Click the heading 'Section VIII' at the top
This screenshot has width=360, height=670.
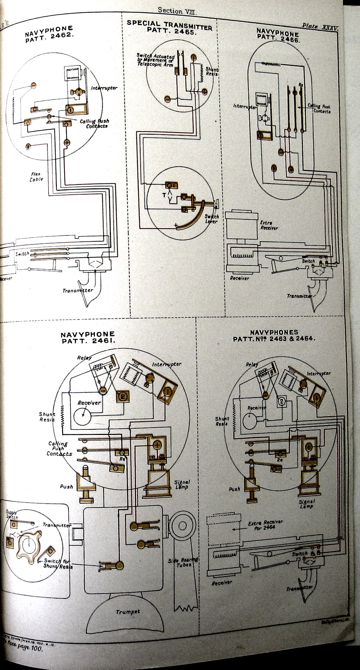tap(178, 10)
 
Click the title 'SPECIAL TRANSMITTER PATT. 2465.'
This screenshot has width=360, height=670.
tap(169, 27)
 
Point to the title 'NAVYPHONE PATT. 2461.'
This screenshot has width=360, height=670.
tap(88, 338)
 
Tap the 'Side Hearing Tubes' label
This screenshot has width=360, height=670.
tap(183, 562)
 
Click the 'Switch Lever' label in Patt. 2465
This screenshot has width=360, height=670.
tap(211, 219)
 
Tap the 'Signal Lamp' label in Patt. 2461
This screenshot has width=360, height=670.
tap(182, 484)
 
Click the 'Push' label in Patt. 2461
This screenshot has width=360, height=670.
tap(66, 486)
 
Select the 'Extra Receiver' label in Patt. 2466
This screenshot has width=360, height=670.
tap(269, 225)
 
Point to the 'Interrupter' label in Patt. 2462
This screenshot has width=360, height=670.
tap(104, 88)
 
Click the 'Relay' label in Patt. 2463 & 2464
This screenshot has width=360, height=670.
tap(252, 364)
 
